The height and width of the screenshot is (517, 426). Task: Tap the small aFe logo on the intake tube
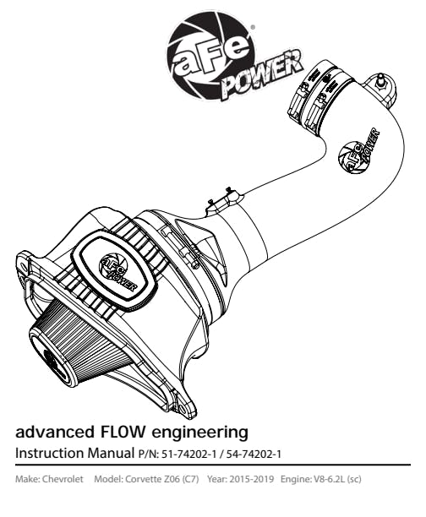click(358, 151)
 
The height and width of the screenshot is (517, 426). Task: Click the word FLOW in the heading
click(122, 432)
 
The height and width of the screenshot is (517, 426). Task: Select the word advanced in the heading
click(54, 432)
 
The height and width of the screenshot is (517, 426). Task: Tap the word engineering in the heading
click(199, 433)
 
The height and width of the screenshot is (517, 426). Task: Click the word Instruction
click(50, 453)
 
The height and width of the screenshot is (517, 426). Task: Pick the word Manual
click(111, 453)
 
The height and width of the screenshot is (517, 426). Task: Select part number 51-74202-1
click(189, 454)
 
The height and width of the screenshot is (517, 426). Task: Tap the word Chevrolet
click(63, 479)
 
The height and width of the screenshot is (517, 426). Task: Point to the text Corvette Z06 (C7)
click(162, 479)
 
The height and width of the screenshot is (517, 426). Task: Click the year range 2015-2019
click(251, 479)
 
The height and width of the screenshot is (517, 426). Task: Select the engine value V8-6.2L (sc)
click(336, 479)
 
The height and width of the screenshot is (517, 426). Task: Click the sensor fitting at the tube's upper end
click(382, 81)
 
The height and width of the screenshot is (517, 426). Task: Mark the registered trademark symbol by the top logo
click(253, 27)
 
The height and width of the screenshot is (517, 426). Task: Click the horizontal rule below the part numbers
click(213, 465)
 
